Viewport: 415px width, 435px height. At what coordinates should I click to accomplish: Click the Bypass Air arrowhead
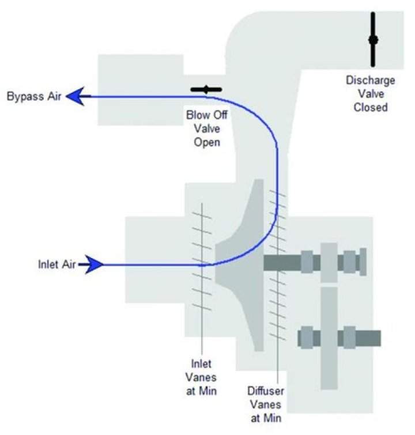(75, 96)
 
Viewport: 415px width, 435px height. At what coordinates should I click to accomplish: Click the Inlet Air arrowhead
(94, 264)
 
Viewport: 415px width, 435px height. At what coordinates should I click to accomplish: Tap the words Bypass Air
(34, 97)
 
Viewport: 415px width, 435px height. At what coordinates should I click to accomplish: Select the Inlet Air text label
(57, 264)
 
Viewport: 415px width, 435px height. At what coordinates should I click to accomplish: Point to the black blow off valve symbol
(206, 90)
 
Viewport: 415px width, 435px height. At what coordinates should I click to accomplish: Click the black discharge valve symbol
(373, 39)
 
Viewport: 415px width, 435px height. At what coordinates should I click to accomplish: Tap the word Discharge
(371, 81)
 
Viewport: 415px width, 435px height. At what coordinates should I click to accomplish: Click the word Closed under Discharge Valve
(371, 107)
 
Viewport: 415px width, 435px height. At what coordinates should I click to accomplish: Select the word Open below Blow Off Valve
(207, 142)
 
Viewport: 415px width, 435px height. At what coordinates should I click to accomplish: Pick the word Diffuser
(266, 391)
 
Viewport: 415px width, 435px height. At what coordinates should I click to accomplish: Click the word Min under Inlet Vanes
(208, 391)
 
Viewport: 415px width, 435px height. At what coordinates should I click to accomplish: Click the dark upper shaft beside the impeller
(282, 263)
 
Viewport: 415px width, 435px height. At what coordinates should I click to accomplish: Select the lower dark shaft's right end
(380, 338)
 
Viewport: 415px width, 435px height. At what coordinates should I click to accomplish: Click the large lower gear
(329, 338)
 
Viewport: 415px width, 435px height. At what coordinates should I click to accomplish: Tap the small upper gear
(329, 263)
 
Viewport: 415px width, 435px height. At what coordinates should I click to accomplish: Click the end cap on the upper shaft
(363, 262)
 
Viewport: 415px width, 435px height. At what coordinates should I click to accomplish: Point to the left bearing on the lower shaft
(307, 338)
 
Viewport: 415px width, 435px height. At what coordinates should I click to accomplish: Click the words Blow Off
(207, 115)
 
